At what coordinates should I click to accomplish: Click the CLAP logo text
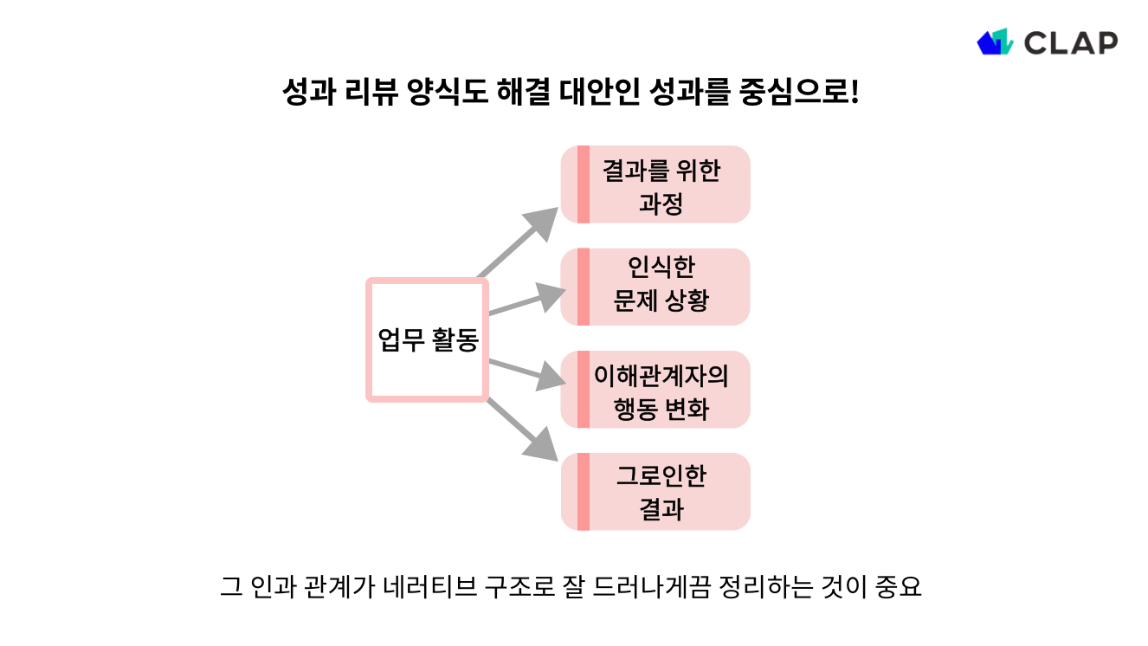tap(1071, 42)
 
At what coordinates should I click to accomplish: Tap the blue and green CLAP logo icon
tap(995, 42)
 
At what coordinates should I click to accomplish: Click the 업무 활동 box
tap(428, 339)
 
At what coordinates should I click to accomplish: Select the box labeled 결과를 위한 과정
tap(662, 184)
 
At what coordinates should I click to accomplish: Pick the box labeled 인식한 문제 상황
tap(662, 287)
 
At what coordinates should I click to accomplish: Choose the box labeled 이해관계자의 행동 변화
tap(662, 390)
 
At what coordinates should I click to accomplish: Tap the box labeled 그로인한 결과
tap(662, 492)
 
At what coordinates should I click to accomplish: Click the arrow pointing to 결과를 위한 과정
tap(519, 242)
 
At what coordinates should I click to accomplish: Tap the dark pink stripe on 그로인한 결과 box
tap(584, 492)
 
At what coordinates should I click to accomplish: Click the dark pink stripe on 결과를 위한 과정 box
tap(584, 184)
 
